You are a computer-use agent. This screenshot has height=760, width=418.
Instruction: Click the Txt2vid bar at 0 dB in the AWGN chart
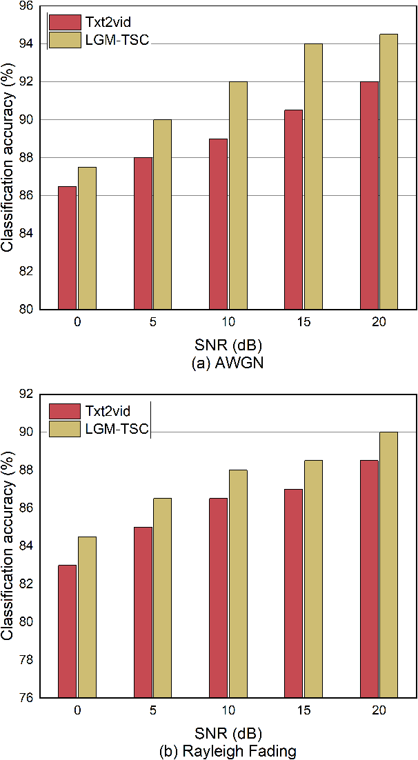[x=67, y=248]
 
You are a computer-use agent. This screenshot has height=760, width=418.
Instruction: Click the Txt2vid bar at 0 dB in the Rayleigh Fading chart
[x=67, y=631]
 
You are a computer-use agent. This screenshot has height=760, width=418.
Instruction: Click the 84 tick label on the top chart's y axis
[x=30, y=234]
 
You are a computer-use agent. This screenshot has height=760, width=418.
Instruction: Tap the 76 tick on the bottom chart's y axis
[x=30, y=697]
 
